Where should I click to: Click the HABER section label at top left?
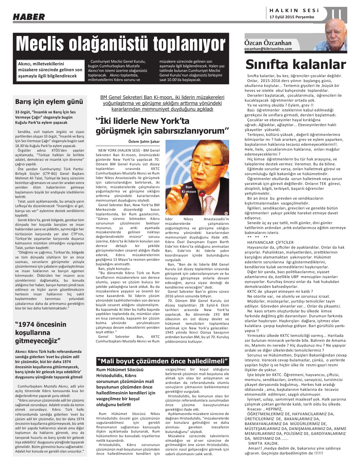click(x=29, y=17)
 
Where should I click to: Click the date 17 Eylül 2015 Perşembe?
click(x=292, y=17)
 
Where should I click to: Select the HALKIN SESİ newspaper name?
click(x=294, y=10)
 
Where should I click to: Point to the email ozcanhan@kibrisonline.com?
click(x=268, y=49)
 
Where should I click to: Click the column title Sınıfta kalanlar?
click(x=295, y=64)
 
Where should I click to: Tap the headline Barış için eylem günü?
click(x=49, y=102)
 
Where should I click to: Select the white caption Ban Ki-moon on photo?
click(x=189, y=190)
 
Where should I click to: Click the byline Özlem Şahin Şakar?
click(x=144, y=141)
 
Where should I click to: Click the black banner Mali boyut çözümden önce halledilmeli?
click(x=162, y=361)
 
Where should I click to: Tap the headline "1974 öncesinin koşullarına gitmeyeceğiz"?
click(x=41, y=333)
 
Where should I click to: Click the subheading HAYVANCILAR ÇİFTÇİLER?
click(x=270, y=242)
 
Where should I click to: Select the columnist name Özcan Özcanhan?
click(x=268, y=43)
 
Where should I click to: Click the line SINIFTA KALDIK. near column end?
click(x=263, y=443)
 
